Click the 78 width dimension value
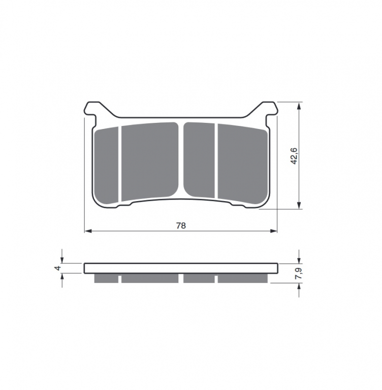click(x=181, y=225)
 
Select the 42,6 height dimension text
click(x=294, y=156)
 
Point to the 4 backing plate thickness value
click(x=58, y=268)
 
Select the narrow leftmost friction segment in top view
click(x=107, y=162)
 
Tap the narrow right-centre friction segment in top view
click(x=200, y=160)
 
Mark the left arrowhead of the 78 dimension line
click(x=87, y=231)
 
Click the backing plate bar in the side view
click(x=181, y=268)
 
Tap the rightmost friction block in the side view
click(x=242, y=278)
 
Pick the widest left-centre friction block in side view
click(x=150, y=278)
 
